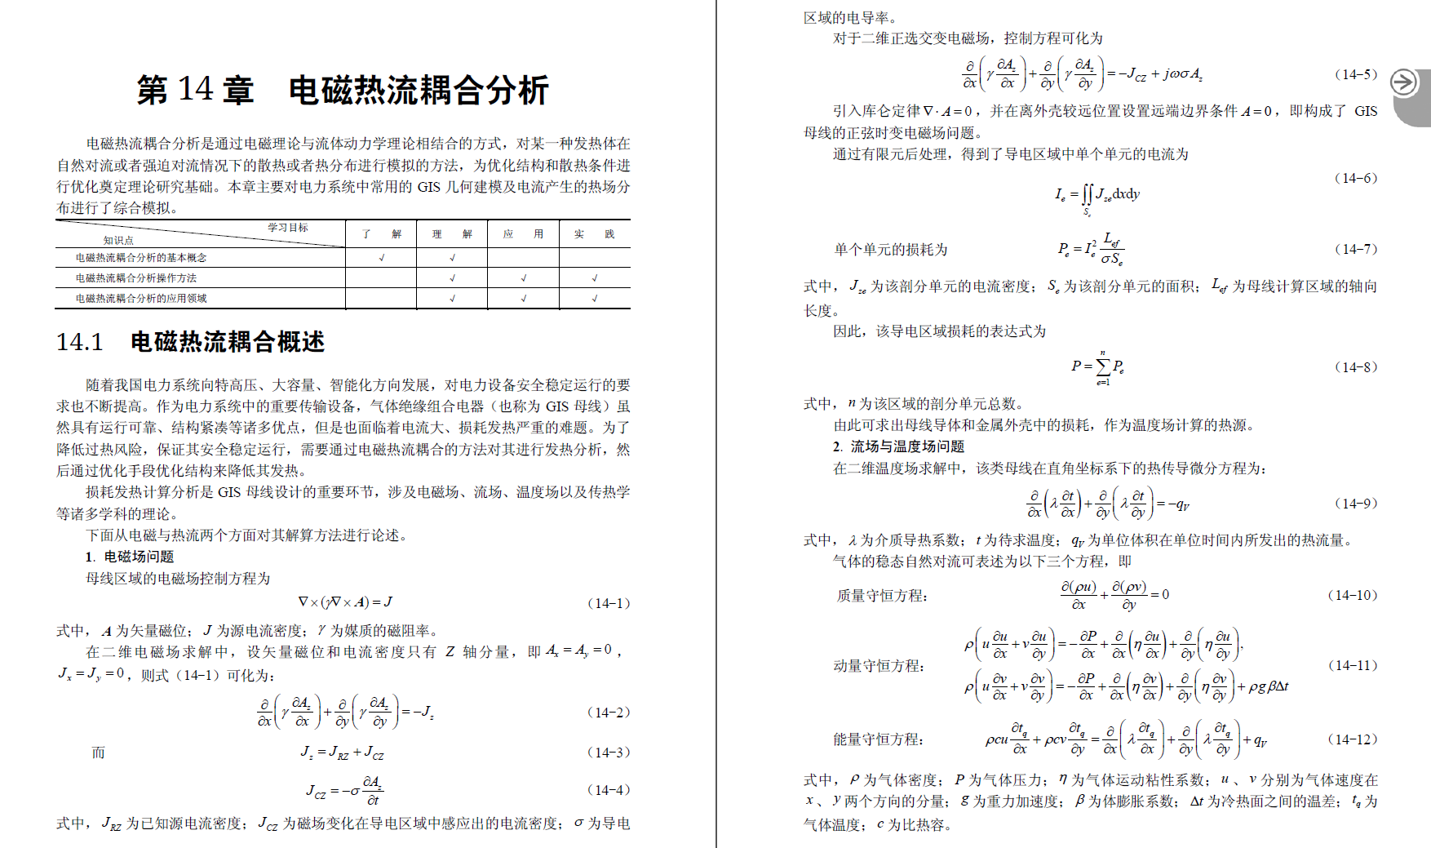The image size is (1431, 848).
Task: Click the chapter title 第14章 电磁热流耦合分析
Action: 343,90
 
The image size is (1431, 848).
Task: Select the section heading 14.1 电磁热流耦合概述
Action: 190,342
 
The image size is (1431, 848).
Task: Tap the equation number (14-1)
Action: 609,603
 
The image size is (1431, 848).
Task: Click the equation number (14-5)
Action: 1356,74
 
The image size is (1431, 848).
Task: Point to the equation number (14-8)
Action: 1356,366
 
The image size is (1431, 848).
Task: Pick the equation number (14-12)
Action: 1353,739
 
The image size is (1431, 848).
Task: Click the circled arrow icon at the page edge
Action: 1404,82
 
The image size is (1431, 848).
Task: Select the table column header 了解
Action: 381,234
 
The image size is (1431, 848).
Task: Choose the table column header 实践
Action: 594,234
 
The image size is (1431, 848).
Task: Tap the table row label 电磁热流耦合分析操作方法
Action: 136,278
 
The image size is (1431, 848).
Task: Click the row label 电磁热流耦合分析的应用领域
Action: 141,299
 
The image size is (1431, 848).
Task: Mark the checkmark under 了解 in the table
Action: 382,258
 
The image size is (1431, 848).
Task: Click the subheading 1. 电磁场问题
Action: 130,557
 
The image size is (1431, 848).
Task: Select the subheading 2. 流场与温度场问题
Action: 898,446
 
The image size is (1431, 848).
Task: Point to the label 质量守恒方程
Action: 882,596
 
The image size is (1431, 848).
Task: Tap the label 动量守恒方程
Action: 879,666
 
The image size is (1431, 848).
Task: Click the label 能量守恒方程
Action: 878,739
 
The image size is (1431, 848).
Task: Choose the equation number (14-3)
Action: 609,753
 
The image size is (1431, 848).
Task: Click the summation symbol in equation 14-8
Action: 1103,366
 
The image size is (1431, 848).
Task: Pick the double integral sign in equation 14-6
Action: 1087,195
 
